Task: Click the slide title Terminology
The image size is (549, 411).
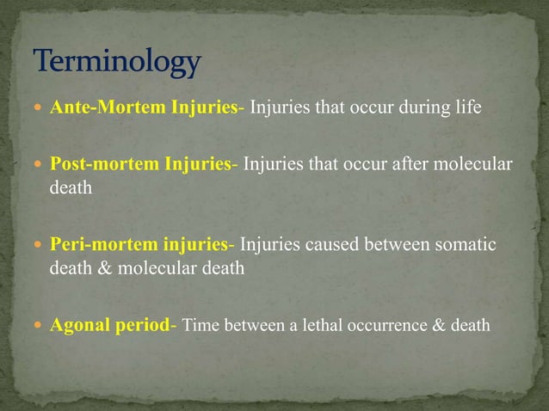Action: pos(117,63)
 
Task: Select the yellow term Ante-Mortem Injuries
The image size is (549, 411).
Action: pos(144,108)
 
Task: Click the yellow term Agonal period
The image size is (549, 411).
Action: pos(111,326)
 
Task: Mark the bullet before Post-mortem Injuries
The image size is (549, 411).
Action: pos(40,165)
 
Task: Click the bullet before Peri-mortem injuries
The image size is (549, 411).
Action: pos(40,246)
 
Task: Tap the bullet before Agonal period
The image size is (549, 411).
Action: pos(40,327)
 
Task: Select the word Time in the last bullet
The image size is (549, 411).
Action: pos(201,326)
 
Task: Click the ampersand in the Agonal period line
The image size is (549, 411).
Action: pos(436,326)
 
